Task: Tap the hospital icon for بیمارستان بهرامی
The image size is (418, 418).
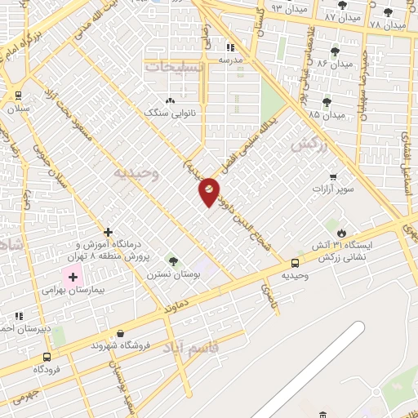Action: click(x=73, y=278)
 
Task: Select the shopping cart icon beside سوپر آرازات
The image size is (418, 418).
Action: click(x=332, y=177)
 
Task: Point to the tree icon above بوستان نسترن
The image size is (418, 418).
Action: click(x=172, y=260)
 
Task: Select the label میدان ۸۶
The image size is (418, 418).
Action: click(x=335, y=63)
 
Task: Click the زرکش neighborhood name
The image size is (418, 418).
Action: click(x=303, y=145)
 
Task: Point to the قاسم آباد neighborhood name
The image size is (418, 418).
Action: click(x=191, y=350)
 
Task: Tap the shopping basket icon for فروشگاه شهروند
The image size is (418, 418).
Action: click(x=121, y=333)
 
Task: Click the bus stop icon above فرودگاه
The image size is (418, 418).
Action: click(x=47, y=357)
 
